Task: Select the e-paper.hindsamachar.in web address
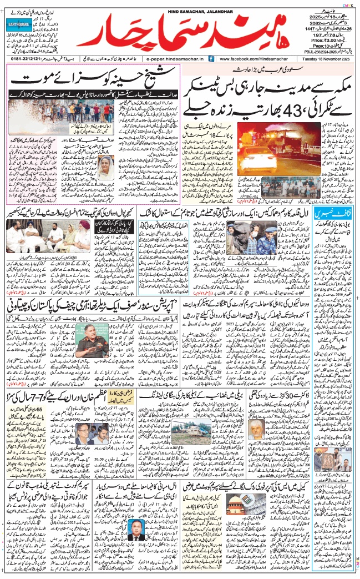click(175, 58)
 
